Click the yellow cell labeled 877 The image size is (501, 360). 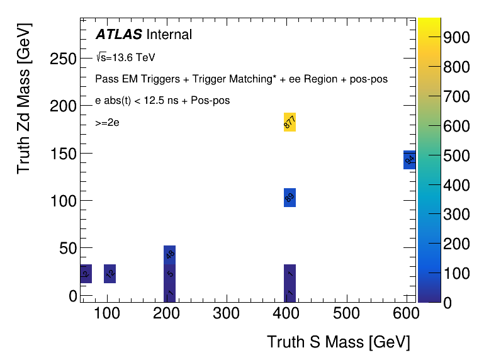point(290,122)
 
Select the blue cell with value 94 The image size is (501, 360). point(409,160)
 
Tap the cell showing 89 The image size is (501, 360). point(290,198)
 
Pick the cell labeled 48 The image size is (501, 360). point(170,254)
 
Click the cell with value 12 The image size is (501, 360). point(110,274)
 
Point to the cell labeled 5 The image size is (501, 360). point(170,274)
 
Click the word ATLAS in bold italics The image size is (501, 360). point(118,35)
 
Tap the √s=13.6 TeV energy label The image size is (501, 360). point(125,57)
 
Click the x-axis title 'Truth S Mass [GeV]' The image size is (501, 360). point(339,342)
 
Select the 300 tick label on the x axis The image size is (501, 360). point(227,313)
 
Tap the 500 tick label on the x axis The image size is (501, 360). point(346,313)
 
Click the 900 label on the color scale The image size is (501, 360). point(456,38)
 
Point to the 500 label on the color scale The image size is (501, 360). point(456,155)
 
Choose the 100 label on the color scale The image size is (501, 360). point(456,274)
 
